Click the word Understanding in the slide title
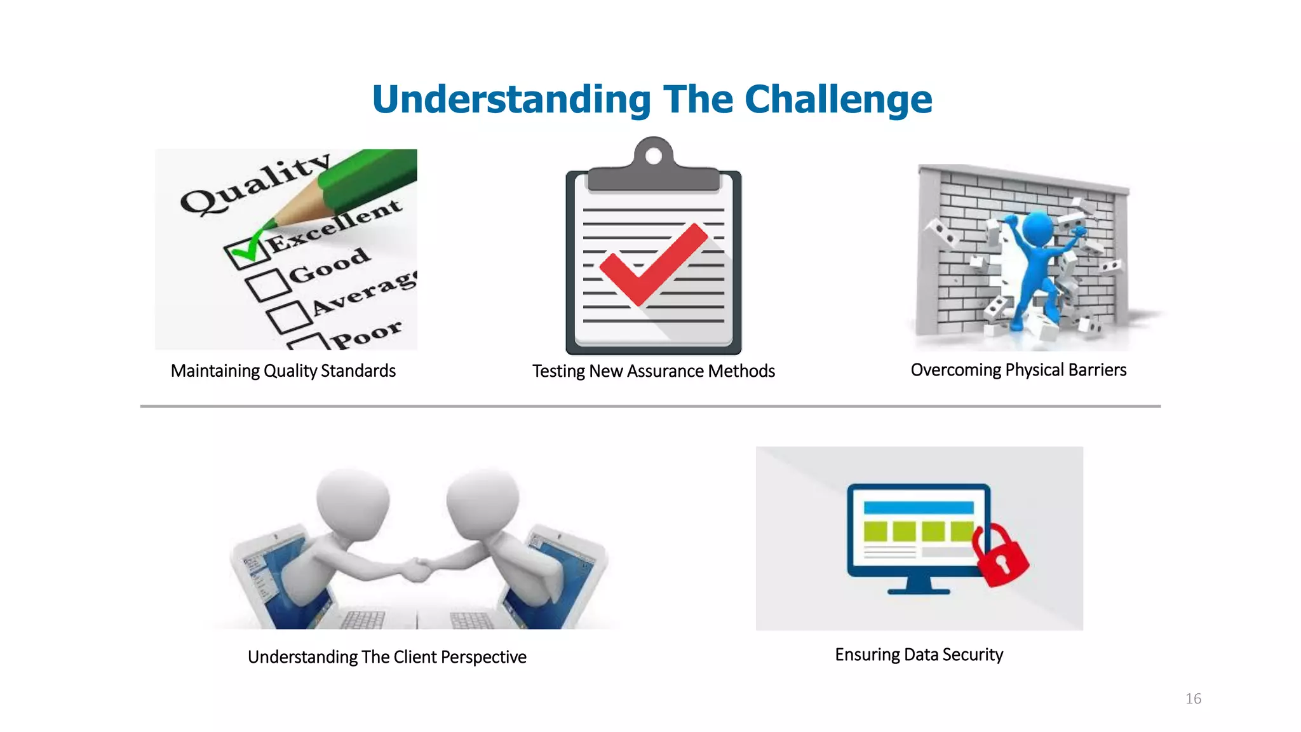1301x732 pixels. click(x=511, y=100)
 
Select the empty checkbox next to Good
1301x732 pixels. click(x=267, y=284)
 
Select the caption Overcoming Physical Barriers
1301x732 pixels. click(x=1018, y=370)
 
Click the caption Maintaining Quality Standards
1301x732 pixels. click(x=283, y=371)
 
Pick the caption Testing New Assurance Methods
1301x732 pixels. click(x=653, y=371)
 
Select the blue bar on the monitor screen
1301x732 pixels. click(x=919, y=508)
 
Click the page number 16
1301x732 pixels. click(x=1193, y=699)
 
